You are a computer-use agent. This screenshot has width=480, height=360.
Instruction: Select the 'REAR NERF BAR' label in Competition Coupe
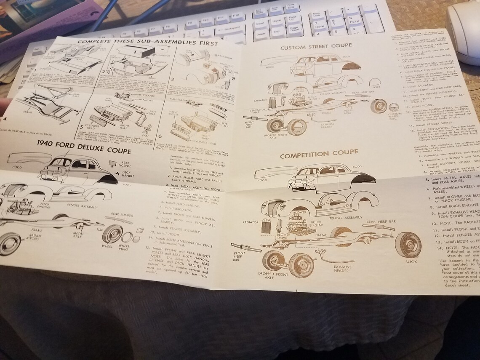(x=381, y=221)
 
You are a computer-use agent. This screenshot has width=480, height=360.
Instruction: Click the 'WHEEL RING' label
(x=124, y=248)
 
